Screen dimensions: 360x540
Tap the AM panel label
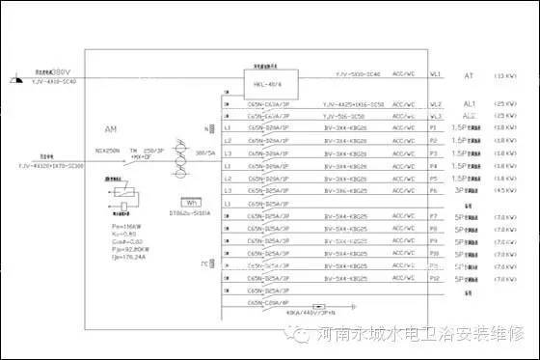coord(112,127)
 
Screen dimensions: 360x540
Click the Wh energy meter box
coord(192,203)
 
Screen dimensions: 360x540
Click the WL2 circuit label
coord(436,102)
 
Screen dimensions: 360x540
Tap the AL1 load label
coord(470,102)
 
